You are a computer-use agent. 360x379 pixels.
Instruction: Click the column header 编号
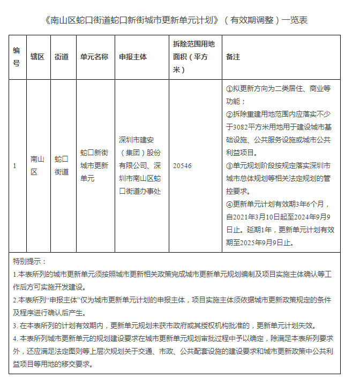point(17,57)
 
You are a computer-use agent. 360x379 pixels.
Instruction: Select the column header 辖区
point(37,57)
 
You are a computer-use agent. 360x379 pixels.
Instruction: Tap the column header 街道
point(62,57)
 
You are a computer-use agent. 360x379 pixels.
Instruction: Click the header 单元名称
point(94,57)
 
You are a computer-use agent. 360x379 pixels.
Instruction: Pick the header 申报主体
point(133,57)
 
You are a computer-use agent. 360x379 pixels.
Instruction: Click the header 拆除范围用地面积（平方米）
point(193,57)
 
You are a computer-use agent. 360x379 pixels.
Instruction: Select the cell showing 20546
point(182,166)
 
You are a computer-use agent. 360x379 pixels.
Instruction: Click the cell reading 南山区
point(37,166)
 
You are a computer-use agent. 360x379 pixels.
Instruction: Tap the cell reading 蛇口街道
point(62,166)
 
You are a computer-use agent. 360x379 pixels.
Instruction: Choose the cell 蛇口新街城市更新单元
point(94,166)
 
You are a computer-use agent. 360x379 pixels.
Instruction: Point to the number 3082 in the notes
point(243,127)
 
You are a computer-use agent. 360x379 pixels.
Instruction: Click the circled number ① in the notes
point(230,88)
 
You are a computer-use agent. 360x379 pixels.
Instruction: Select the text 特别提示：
point(30,262)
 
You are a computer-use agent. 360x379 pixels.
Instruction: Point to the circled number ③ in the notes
point(230,165)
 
